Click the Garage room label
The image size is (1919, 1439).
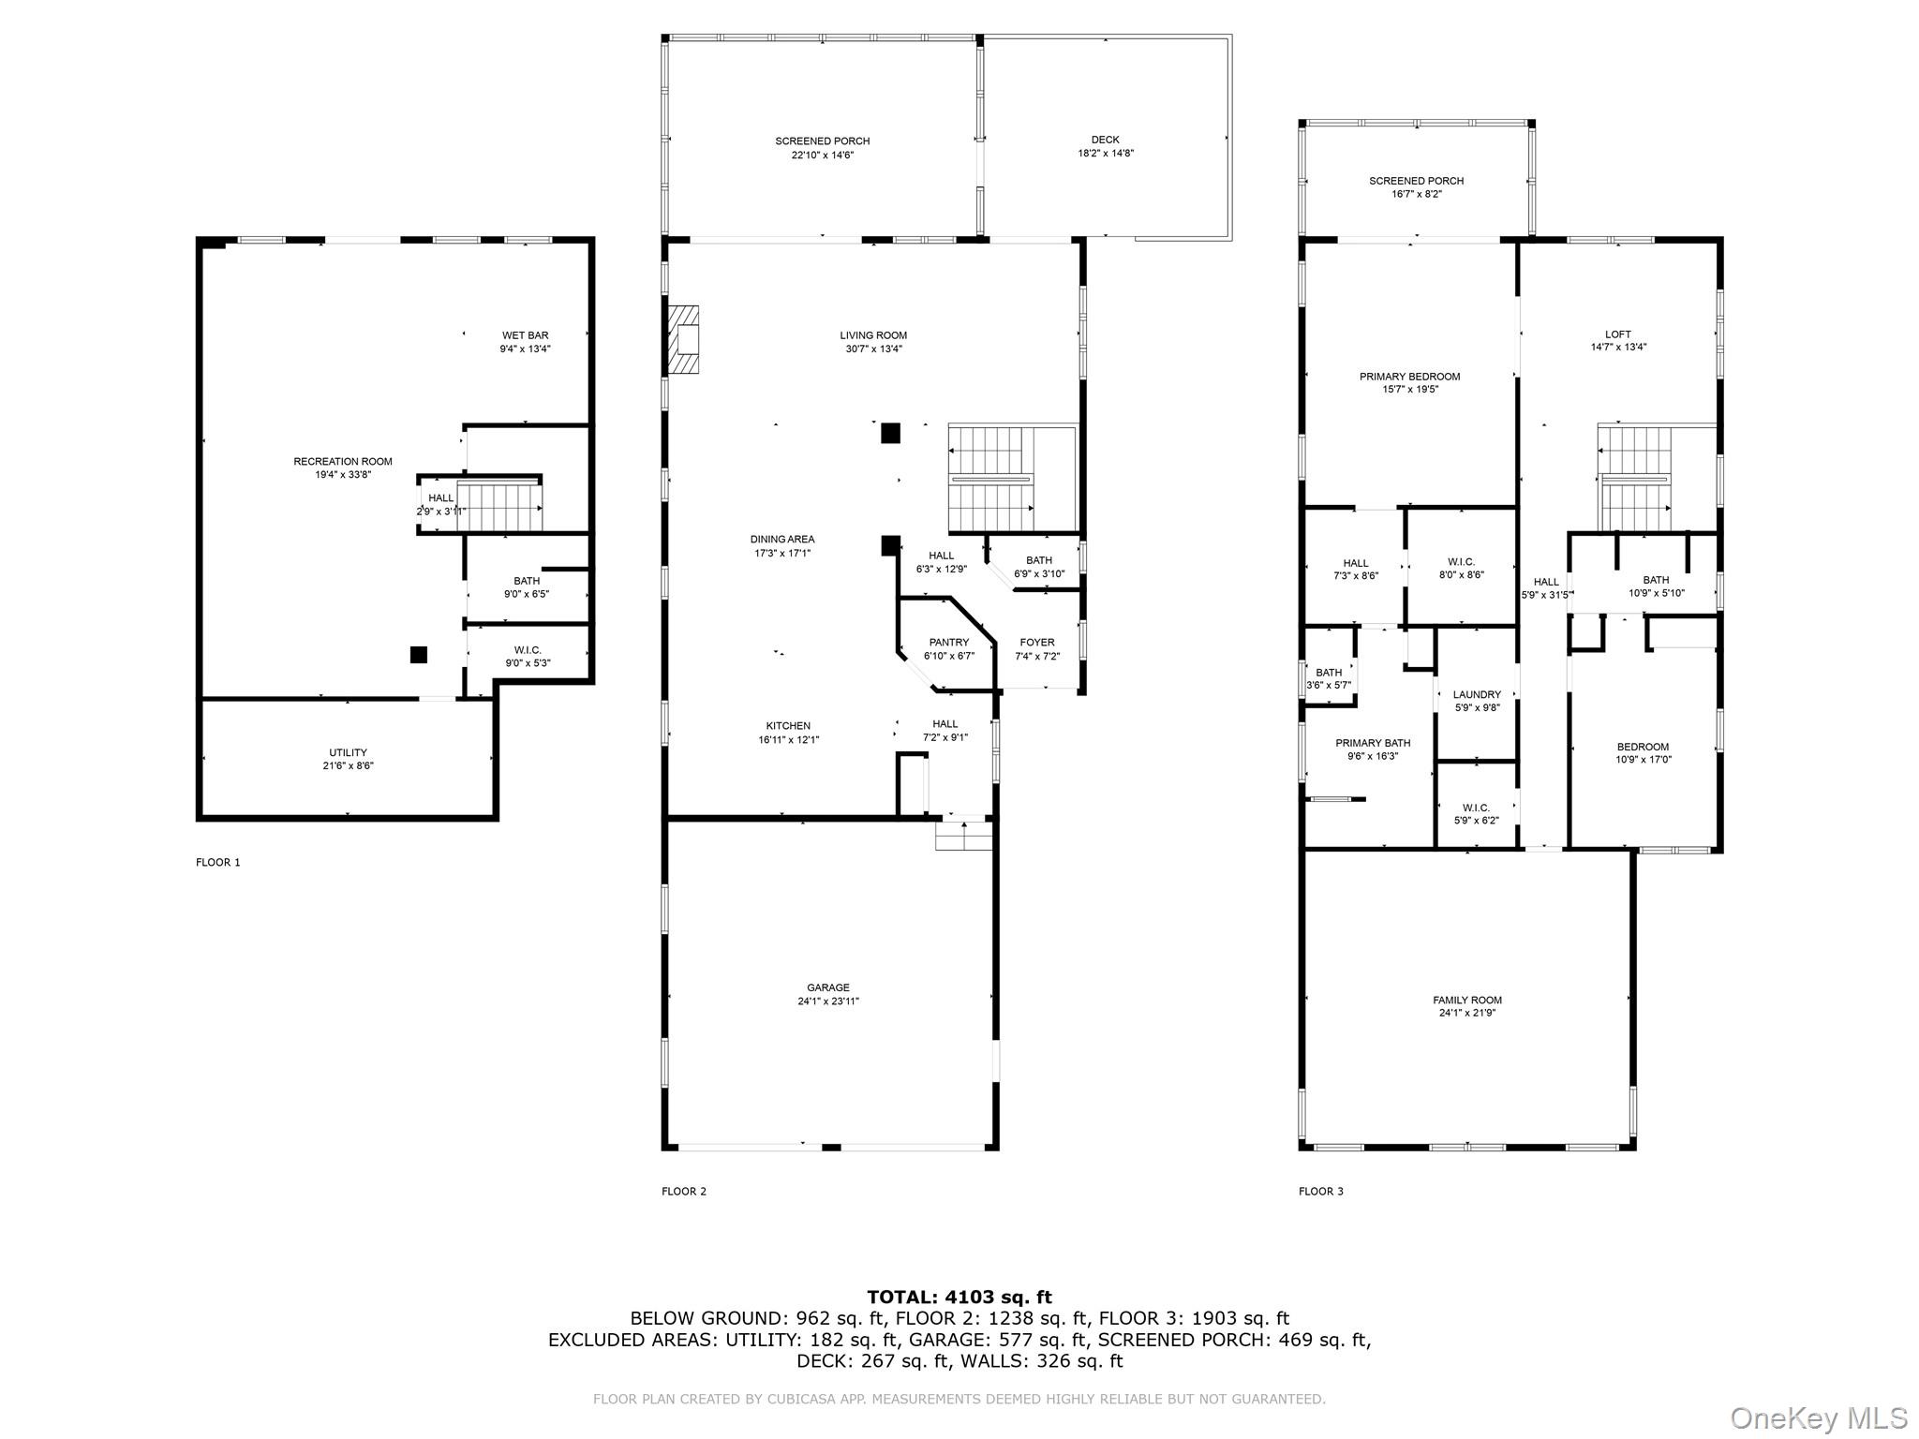(x=828, y=987)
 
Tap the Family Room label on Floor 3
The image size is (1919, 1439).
(x=1467, y=1000)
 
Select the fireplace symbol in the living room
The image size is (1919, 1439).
(x=683, y=340)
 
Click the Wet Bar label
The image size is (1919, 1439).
(x=525, y=335)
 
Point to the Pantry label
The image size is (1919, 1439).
(x=949, y=643)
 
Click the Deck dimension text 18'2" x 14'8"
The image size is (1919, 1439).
(x=1106, y=154)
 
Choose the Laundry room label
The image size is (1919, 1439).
(x=1477, y=695)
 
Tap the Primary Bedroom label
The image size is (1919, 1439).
(x=1409, y=377)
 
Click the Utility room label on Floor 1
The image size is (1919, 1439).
(x=348, y=752)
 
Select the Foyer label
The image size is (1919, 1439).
(x=1037, y=643)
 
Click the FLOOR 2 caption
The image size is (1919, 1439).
(x=684, y=1192)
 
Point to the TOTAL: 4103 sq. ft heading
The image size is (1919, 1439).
(x=959, y=1297)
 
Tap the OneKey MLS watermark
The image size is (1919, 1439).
(x=1819, y=1417)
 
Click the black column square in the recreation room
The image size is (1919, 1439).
(x=419, y=655)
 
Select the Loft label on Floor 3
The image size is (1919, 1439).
(x=1618, y=334)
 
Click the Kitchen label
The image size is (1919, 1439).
(x=788, y=726)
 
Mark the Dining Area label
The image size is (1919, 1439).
(x=782, y=540)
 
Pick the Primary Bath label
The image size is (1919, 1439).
(x=1373, y=743)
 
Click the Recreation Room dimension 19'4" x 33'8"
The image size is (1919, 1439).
(x=343, y=475)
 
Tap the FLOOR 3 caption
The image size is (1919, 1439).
(x=1321, y=1192)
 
